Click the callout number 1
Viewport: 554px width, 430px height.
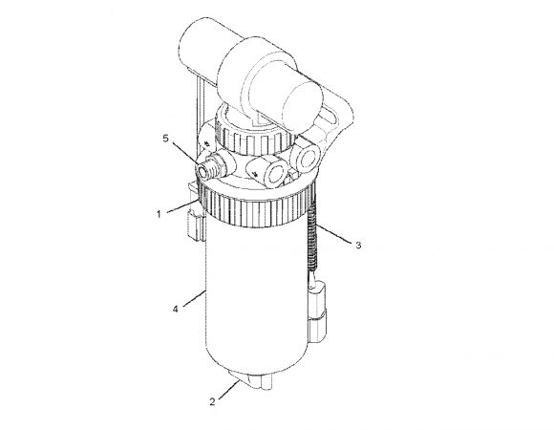point(159,214)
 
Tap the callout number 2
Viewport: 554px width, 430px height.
point(212,401)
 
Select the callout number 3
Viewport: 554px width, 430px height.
point(358,245)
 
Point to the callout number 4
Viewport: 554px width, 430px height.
point(176,309)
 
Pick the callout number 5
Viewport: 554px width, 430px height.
point(166,139)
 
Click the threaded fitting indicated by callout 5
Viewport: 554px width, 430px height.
point(211,167)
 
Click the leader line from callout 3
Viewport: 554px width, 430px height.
point(334,233)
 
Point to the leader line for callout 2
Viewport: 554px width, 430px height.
point(229,389)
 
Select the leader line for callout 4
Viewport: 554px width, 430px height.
point(194,298)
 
